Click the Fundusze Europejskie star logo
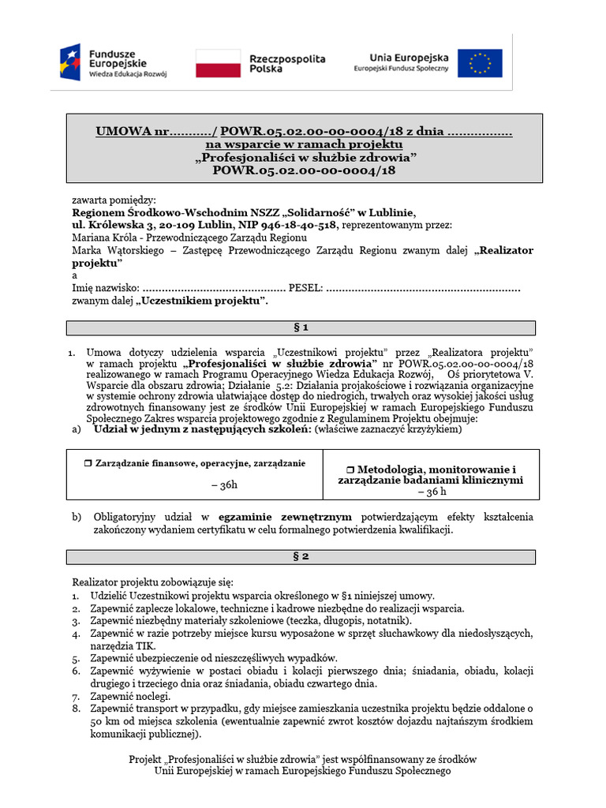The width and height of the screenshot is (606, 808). pyautogui.click(x=72, y=62)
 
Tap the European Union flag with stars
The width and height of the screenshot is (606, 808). pyautogui.click(x=480, y=63)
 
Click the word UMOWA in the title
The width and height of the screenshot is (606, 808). pyautogui.click(x=122, y=132)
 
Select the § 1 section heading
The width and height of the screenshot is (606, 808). pyautogui.click(x=300, y=327)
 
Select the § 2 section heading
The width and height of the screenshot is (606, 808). pyautogui.click(x=300, y=556)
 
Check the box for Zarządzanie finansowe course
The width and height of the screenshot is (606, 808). pyautogui.click(x=88, y=463)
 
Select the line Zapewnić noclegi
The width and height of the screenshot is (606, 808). pyautogui.click(x=129, y=697)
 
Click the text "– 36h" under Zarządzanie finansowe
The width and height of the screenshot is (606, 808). pyautogui.click(x=224, y=485)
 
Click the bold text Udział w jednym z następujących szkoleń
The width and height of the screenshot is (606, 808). pyautogui.click(x=202, y=430)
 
